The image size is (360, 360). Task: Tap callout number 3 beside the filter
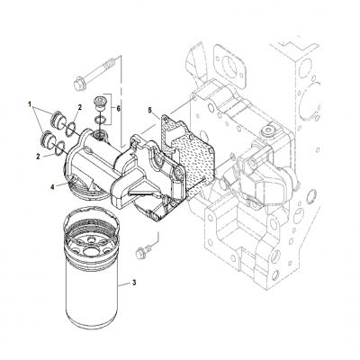pos(133,283)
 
